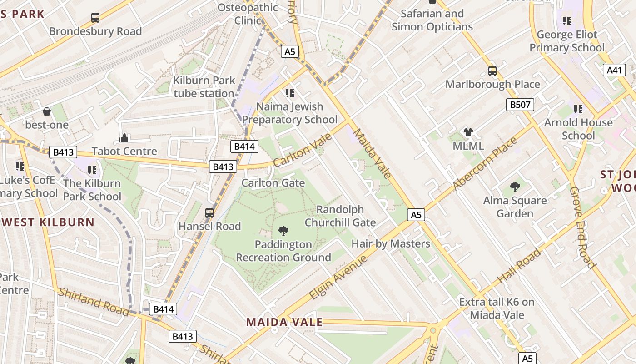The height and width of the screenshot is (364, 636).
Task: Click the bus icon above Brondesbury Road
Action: (x=95, y=18)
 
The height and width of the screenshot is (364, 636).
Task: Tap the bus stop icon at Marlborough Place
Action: (x=492, y=71)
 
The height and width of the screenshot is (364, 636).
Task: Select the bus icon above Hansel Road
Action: (x=209, y=212)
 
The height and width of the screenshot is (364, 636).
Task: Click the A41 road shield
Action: (x=614, y=70)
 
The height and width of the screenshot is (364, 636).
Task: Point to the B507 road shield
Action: (x=520, y=105)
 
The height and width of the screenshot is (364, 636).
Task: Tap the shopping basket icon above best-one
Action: (x=46, y=111)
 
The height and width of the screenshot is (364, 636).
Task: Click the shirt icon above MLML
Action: (x=468, y=133)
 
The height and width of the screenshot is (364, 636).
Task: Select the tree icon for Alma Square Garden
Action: (x=515, y=187)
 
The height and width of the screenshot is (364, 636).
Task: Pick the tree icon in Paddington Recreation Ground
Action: (x=283, y=231)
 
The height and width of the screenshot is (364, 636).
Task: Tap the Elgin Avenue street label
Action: (x=338, y=278)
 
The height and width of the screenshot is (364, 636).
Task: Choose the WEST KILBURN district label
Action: (x=47, y=222)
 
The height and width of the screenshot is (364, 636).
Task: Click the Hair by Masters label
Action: (x=391, y=243)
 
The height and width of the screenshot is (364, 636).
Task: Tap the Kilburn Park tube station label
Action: (x=204, y=87)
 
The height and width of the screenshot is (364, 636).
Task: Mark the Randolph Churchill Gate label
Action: (x=340, y=216)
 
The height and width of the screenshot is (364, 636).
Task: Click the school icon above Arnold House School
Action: (x=578, y=109)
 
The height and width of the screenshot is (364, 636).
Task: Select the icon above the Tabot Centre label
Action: (x=124, y=138)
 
